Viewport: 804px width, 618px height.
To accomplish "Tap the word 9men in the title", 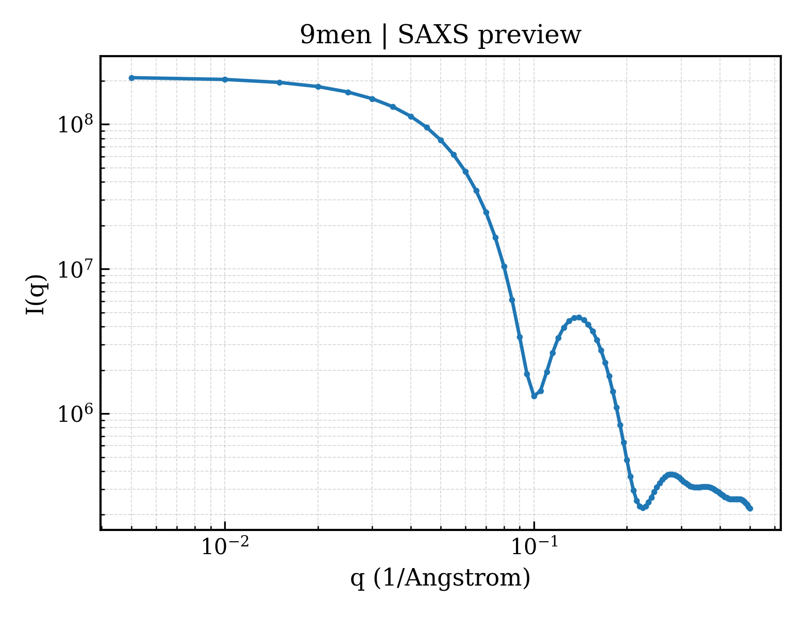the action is [x=335, y=36].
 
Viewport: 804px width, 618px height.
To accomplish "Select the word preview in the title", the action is [x=529, y=37].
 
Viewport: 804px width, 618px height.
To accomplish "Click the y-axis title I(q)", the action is [x=36, y=294].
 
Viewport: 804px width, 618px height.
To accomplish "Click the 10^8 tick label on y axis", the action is [x=75, y=124].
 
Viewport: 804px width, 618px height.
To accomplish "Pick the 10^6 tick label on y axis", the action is [x=75, y=414].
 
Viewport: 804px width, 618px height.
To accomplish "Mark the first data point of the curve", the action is [x=132, y=78].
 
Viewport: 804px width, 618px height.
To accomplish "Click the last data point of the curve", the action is [x=750, y=509].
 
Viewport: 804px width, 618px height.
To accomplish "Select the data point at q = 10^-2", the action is [x=225, y=79].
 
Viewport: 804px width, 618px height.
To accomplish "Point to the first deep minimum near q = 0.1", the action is [x=534, y=396].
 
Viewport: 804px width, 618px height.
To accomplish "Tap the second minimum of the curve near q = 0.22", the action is [x=643, y=508].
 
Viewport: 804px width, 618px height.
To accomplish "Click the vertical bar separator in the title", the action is [x=384, y=36].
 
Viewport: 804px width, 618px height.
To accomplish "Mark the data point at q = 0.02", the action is [x=318, y=87].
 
